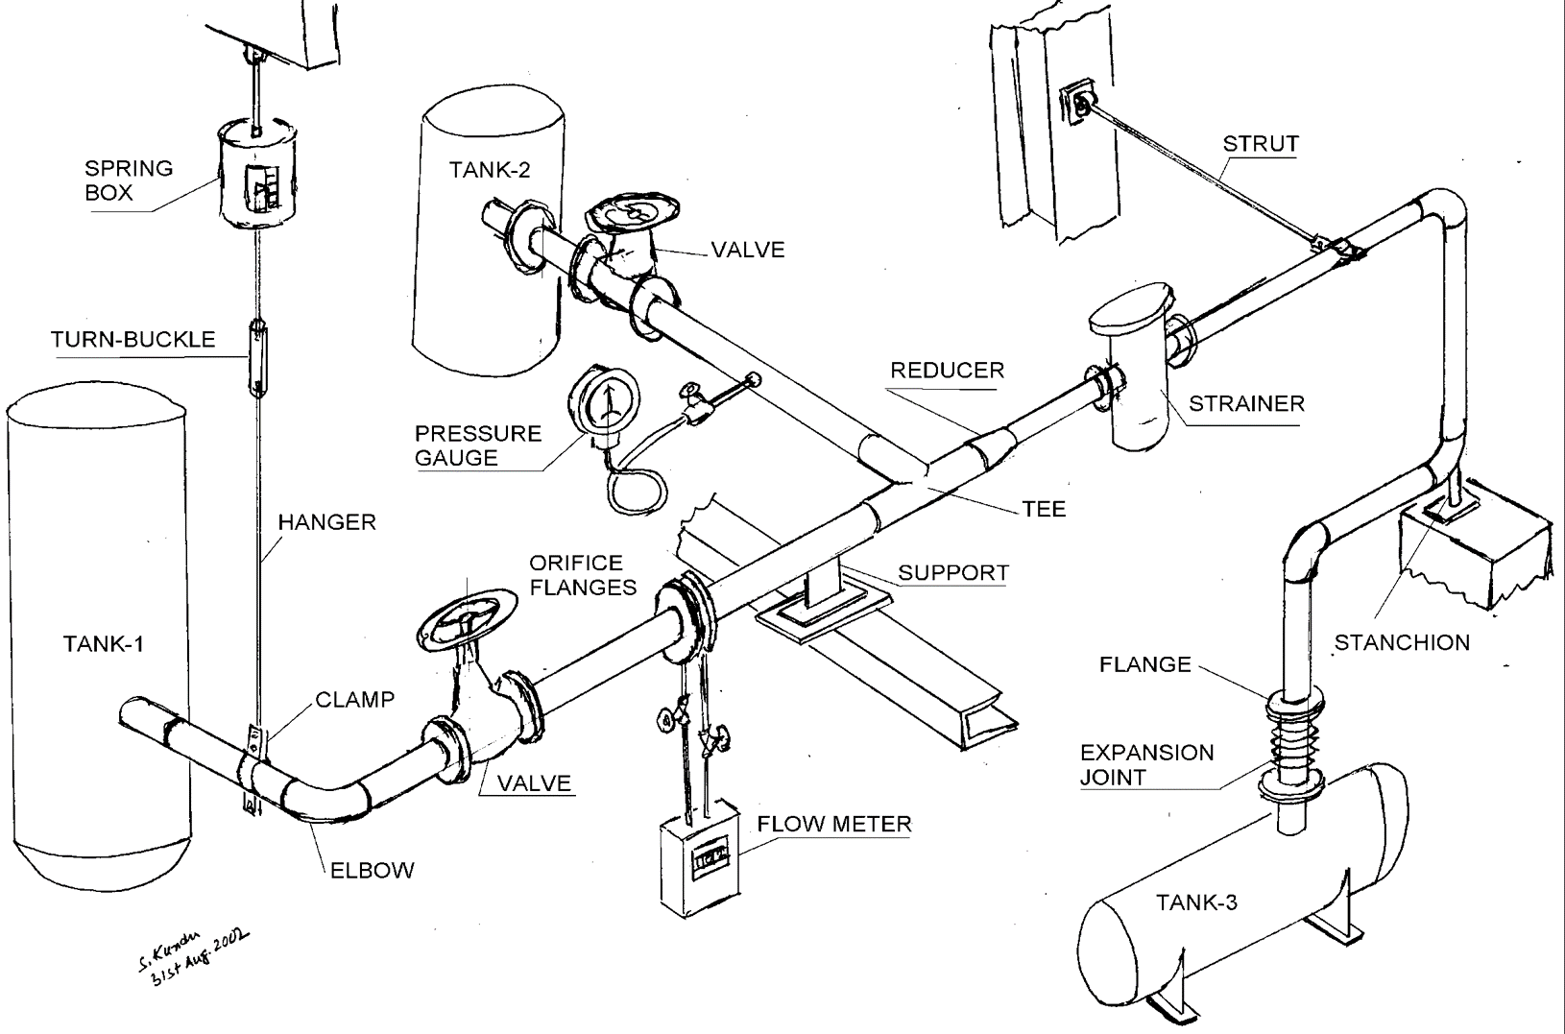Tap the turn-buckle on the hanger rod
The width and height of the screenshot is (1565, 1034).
258,358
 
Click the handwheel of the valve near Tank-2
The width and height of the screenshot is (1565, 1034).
633,211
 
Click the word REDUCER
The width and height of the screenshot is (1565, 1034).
948,371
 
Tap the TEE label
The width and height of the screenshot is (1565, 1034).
1045,509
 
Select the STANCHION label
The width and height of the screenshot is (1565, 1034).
1402,642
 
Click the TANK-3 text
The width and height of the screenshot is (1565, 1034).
1197,902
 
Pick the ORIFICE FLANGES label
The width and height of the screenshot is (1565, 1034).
584,575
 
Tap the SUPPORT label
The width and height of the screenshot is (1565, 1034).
953,573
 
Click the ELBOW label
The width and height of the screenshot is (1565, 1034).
373,871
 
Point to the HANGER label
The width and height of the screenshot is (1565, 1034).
327,522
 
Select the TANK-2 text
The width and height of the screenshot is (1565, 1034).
490,170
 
